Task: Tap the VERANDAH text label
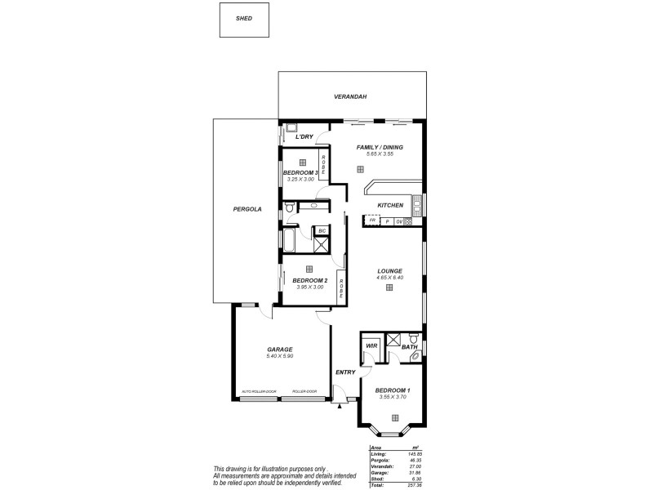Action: pos(350,96)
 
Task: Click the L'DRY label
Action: pos(304,136)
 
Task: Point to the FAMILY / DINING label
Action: pos(380,147)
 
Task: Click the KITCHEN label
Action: pos(390,205)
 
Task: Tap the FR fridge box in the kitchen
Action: pos(372,220)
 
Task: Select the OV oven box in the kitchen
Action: pos(399,221)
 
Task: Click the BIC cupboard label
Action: pos(322,231)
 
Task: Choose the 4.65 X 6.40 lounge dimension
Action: pos(390,278)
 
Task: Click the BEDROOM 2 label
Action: pos(309,280)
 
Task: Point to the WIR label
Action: pos(370,346)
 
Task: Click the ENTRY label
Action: pos(345,372)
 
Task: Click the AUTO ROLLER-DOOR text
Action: pos(259,392)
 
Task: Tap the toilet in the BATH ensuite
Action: pos(414,338)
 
